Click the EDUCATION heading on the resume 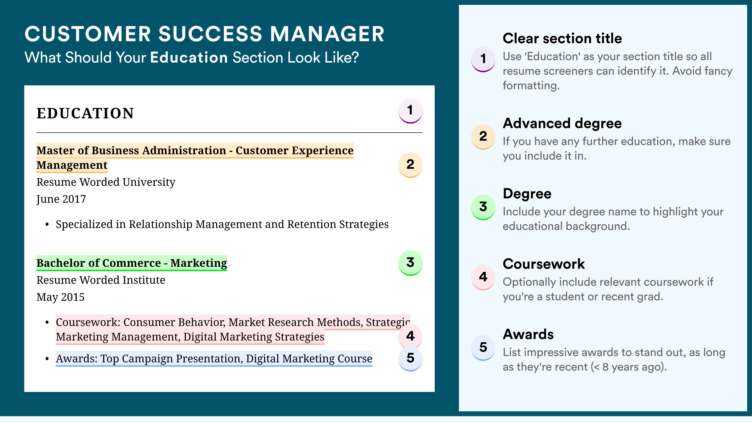click(x=85, y=113)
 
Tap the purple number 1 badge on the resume click(x=410, y=111)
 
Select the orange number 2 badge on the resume click(x=410, y=165)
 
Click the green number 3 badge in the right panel click(x=483, y=207)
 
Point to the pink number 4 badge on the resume click(x=410, y=336)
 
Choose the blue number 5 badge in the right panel click(x=483, y=348)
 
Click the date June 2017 click(x=61, y=199)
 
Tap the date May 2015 click(x=60, y=297)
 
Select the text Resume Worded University click(x=106, y=182)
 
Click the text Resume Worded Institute click(x=101, y=280)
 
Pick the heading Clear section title click(x=562, y=38)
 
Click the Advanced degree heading click(x=562, y=123)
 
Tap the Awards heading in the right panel click(x=528, y=334)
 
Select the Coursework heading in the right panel click(x=544, y=264)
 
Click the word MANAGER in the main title click(x=327, y=34)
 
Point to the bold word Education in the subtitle click(x=189, y=57)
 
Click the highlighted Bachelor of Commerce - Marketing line click(x=132, y=263)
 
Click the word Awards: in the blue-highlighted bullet click(x=76, y=358)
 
